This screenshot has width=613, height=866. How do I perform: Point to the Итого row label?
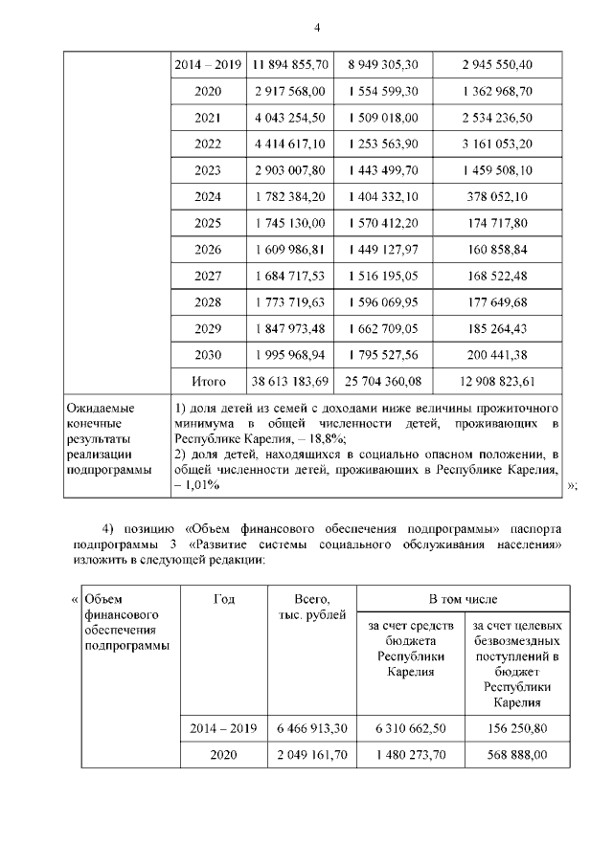click(208, 381)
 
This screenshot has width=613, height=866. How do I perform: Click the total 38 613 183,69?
click(291, 381)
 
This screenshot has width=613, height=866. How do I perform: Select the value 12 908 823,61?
click(496, 381)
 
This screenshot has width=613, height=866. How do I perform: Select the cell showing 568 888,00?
click(510, 754)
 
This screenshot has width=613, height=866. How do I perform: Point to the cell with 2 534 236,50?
click(496, 118)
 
